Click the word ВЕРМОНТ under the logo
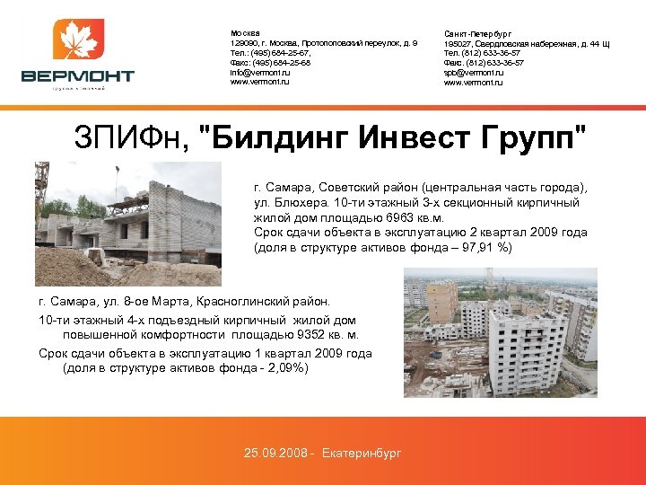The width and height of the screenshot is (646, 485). [78, 76]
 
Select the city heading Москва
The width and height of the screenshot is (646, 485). [245, 32]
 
